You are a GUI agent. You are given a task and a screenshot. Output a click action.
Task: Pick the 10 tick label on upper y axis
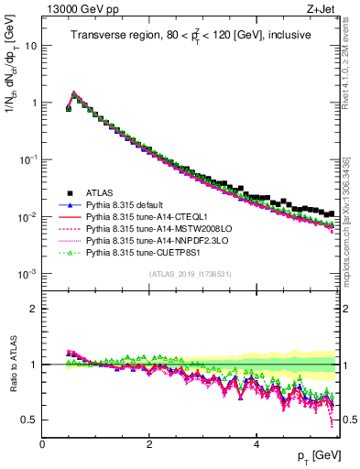click(x=27, y=45)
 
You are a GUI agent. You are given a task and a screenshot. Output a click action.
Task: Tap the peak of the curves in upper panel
click(x=74, y=93)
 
